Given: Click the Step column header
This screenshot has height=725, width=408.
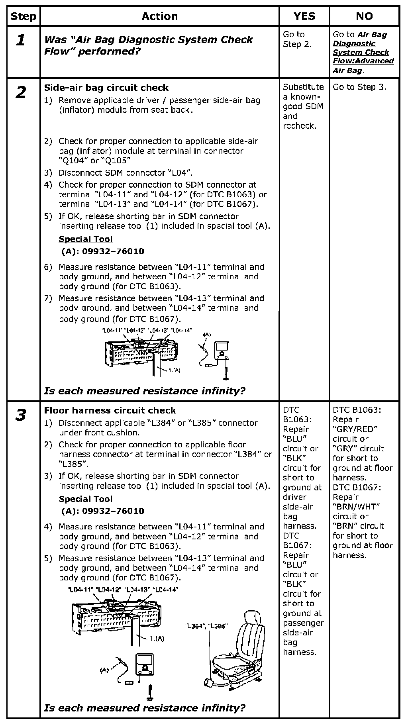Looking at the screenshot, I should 24,16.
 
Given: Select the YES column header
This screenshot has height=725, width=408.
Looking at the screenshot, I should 304,16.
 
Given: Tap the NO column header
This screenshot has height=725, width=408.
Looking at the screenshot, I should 364,16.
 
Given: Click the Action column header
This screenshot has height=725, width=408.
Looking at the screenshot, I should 160,16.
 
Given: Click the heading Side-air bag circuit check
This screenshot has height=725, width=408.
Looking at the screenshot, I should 106,88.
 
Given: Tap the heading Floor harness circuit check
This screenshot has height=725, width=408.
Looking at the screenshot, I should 110,410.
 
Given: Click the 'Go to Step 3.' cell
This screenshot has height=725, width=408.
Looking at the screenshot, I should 359,87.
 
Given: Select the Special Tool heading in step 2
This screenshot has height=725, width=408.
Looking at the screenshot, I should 86,239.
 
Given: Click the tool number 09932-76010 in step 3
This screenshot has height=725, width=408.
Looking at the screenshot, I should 103,511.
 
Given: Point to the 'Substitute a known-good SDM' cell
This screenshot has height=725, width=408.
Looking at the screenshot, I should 303,106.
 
